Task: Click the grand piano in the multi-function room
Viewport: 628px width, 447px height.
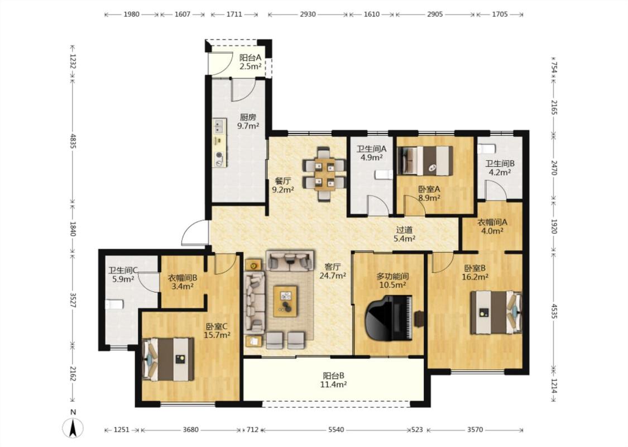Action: click(x=389, y=317)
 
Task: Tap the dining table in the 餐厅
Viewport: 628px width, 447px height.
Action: click(x=324, y=174)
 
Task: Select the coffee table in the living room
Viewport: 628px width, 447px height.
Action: click(x=285, y=301)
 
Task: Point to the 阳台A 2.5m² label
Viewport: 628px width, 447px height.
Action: click(x=250, y=62)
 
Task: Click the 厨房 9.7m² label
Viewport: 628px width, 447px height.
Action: click(x=248, y=121)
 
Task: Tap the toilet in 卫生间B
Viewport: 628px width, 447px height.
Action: click(x=487, y=148)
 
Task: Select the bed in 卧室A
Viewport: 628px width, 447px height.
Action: click(x=425, y=161)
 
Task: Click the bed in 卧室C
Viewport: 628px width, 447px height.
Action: click(x=169, y=359)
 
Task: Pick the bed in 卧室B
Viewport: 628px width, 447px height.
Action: click(x=496, y=312)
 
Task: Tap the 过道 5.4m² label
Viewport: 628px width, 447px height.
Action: click(x=404, y=235)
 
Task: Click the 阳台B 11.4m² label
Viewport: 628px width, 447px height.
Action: click(x=334, y=380)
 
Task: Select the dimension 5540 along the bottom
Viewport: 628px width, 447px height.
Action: click(x=336, y=430)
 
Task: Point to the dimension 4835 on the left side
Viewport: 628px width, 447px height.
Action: click(x=73, y=141)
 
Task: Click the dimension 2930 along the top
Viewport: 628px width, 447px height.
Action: click(x=308, y=15)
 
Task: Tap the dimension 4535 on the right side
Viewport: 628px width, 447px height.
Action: click(x=554, y=311)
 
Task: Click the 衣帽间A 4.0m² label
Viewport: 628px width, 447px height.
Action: click(x=492, y=226)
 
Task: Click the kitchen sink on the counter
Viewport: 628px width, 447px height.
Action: click(x=218, y=126)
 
